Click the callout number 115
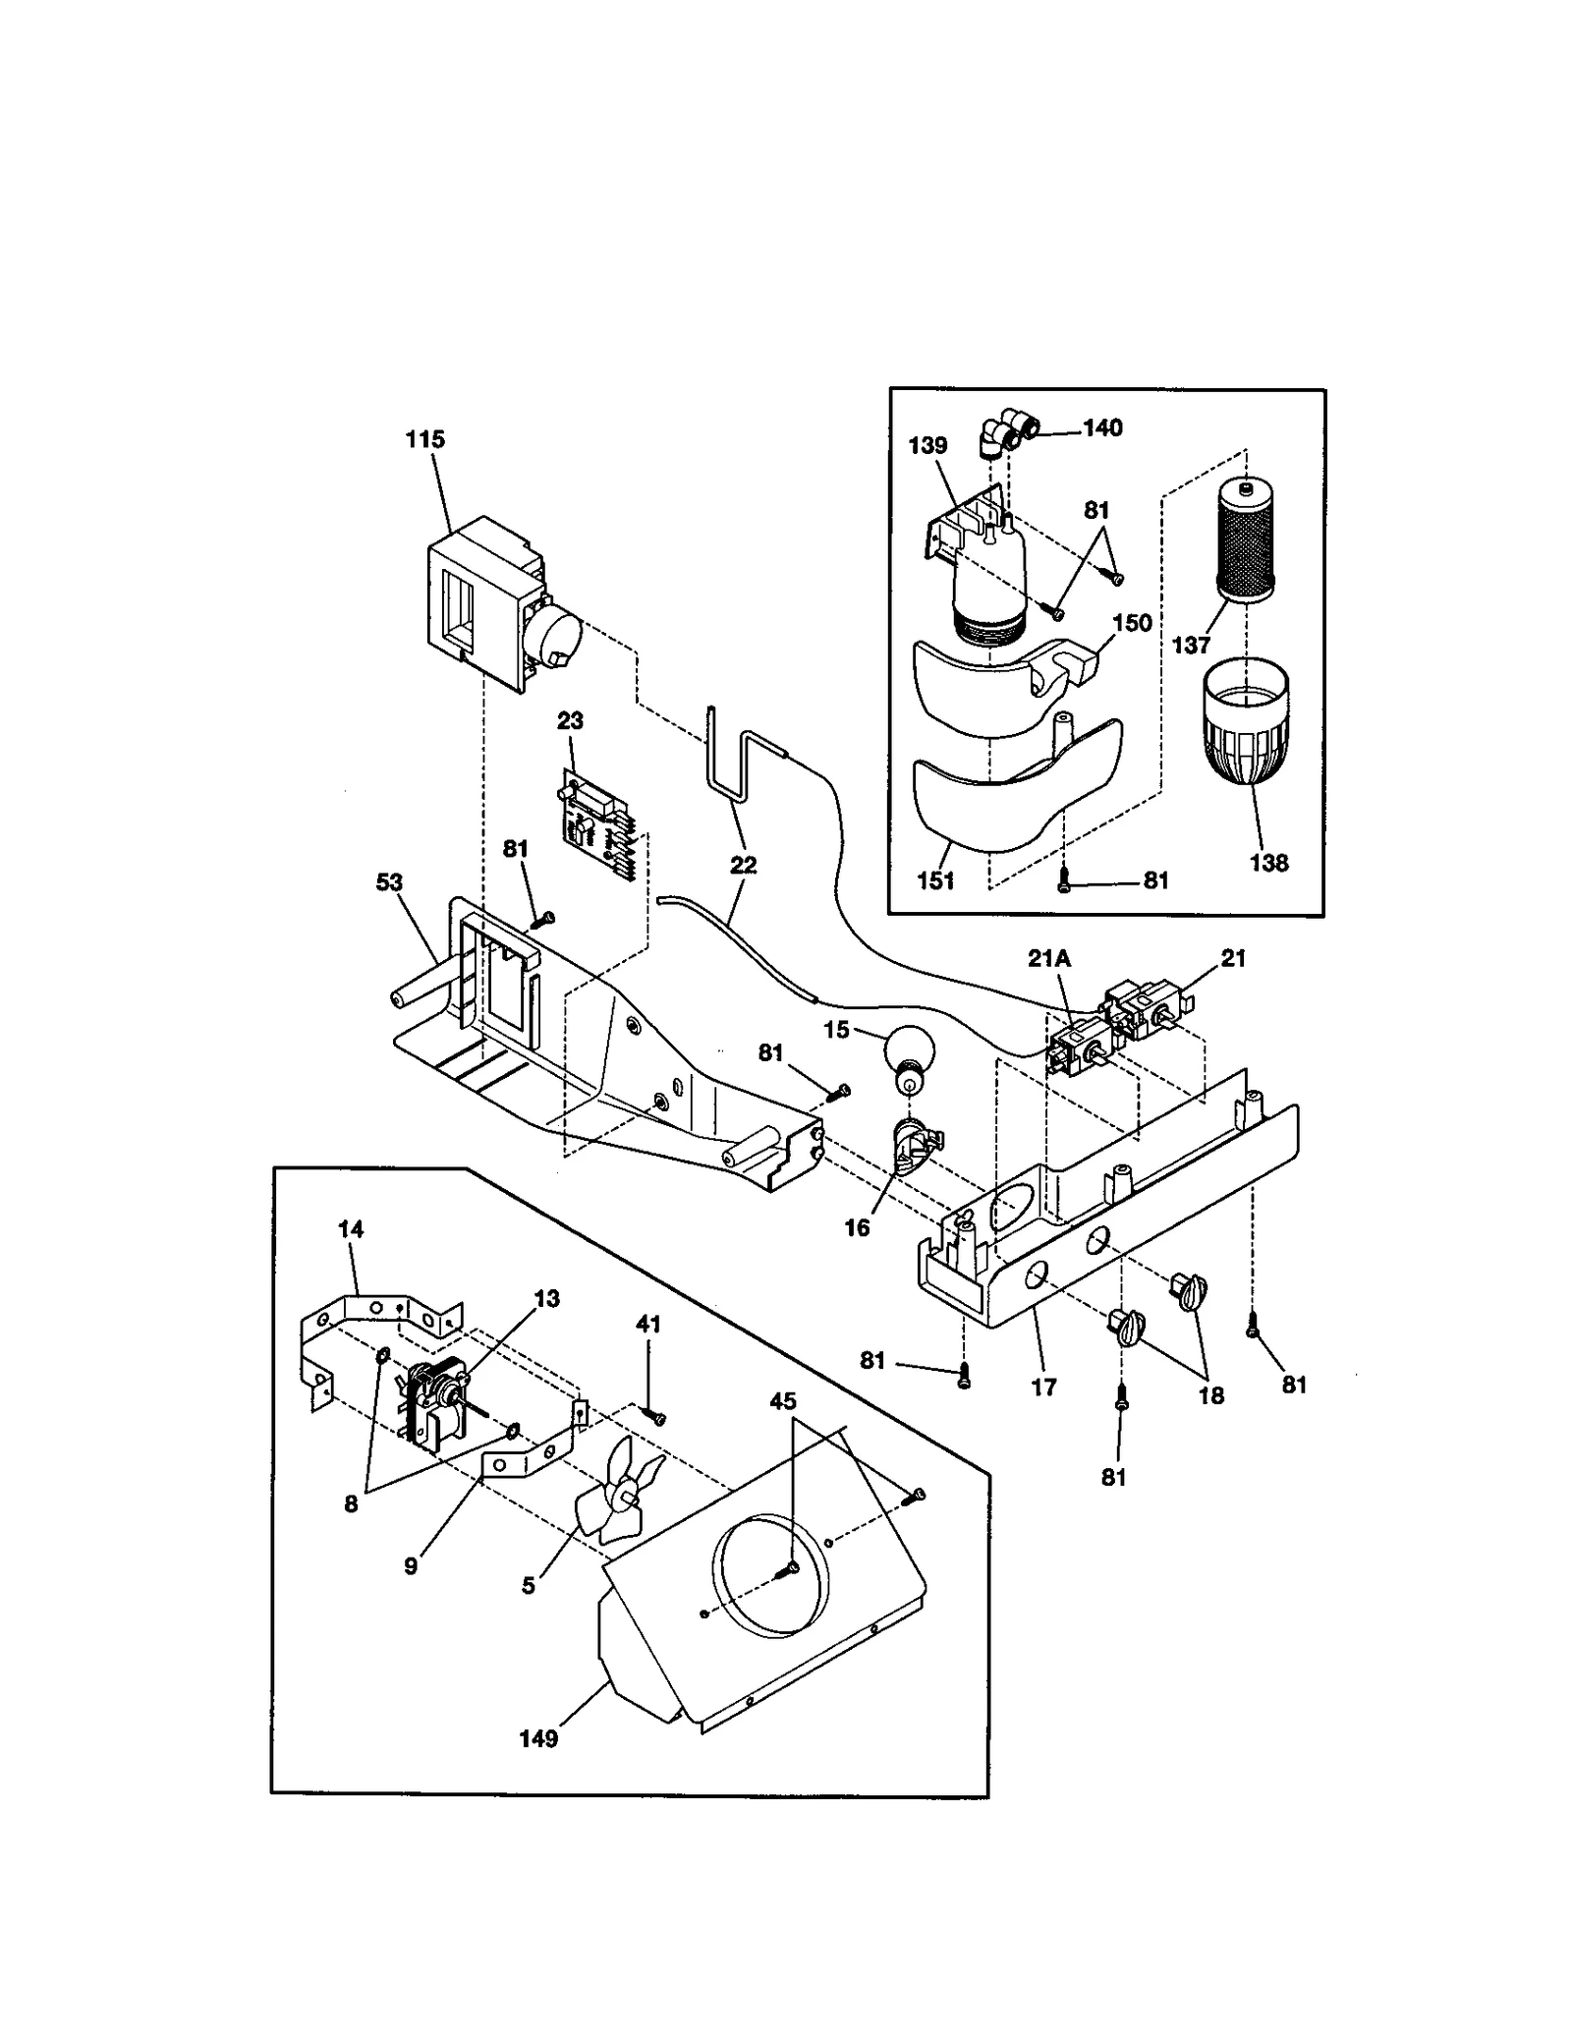pyautogui.click(x=424, y=439)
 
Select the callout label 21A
pyautogui.click(x=1048, y=958)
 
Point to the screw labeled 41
pyautogui.click(x=654, y=1416)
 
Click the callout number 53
pyautogui.click(x=389, y=881)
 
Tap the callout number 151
pyautogui.click(x=935, y=880)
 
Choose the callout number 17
pyautogui.click(x=1043, y=1387)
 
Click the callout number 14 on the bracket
pyautogui.click(x=351, y=1228)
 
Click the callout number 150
pyautogui.click(x=1132, y=622)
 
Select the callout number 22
pyautogui.click(x=744, y=865)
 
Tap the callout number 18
pyautogui.click(x=1211, y=1395)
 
